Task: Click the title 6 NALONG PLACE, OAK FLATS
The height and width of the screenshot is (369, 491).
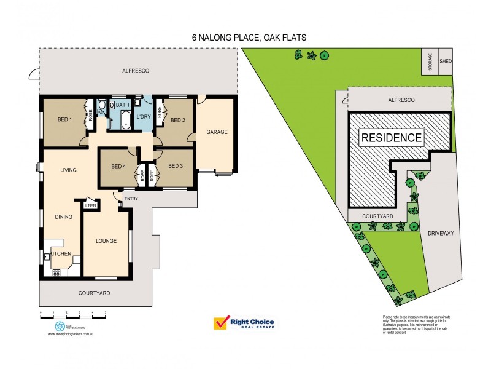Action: tap(249, 38)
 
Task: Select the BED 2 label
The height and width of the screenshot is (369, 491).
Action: tap(177, 120)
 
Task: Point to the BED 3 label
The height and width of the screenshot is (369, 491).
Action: tap(176, 165)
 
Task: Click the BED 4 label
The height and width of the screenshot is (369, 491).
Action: tap(119, 165)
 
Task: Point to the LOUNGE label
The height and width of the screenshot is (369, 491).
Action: tap(107, 240)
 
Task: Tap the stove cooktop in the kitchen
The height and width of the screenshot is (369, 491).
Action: tap(56, 271)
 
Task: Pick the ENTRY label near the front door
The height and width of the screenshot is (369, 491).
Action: tap(131, 199)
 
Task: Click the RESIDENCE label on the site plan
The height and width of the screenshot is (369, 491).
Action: tap(391, 138)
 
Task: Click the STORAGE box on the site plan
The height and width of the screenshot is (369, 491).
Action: tap(430, 61)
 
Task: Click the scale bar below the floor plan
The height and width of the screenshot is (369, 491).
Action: tap(73, 314)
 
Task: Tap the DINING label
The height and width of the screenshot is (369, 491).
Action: tap(64, 216)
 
